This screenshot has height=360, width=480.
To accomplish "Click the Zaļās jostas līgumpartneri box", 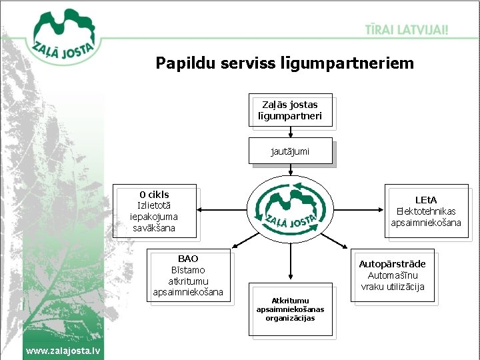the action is [289, 110].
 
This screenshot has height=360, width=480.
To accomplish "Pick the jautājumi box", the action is [289, 151].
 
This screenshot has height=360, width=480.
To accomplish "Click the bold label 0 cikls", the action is [154, 195].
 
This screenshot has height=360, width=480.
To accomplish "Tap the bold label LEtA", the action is [425, 199].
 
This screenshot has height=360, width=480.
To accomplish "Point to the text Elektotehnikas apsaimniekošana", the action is [425, 217].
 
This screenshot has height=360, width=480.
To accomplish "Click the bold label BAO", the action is [188, 258].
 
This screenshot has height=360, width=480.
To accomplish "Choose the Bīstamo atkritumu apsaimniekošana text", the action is [188, 281].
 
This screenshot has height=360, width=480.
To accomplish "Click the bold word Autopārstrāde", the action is [392, 264].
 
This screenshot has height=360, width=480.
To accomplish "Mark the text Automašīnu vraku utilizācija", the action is [392, 281].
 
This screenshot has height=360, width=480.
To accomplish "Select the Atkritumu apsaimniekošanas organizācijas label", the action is [289, 309].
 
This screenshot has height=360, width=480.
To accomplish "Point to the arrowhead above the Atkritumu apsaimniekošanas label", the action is [289, 277].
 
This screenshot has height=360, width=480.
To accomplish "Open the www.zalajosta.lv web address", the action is [63, 351].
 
